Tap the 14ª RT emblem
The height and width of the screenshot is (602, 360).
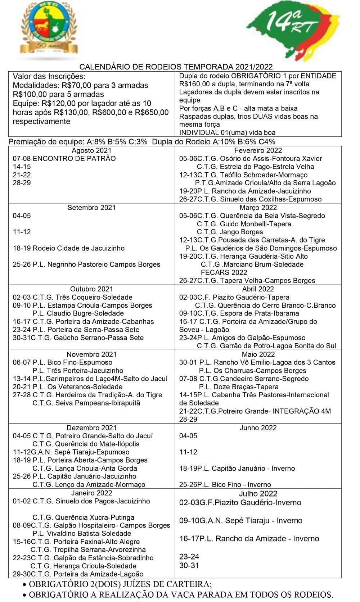tap(293, 31)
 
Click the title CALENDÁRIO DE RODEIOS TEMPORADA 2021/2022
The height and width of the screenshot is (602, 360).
tap(176, 67)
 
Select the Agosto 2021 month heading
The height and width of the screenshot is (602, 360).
tap(91, 150)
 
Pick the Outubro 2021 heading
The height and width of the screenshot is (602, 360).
tap(91, 289)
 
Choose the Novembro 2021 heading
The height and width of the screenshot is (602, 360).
tap(91, 354)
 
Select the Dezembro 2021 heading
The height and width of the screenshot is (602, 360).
tap(91, 427)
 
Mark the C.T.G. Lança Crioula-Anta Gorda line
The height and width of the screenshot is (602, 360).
tap(85, 468)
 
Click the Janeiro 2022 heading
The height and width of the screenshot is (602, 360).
tap(91, 493)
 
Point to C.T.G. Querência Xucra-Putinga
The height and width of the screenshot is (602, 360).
tap(83, 517)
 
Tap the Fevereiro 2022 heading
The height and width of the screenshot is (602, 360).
tap(258, 150)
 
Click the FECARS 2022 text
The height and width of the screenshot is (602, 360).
tap(224, 272)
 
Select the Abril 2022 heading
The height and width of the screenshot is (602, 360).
tap(258, 289)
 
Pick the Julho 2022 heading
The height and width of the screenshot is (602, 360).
tap(258, 494)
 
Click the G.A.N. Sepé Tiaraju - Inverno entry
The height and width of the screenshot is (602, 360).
tap(240, 521)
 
